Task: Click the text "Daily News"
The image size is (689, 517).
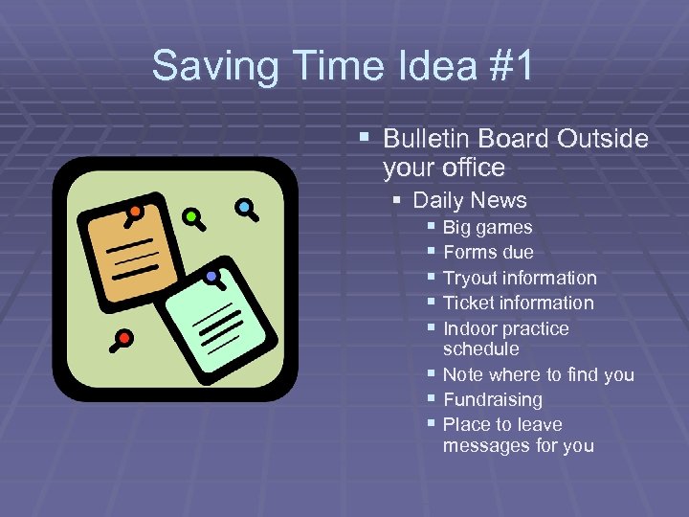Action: [470, 200]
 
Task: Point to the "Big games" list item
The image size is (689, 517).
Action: [488, 228]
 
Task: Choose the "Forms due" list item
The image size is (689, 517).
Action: [489, 253]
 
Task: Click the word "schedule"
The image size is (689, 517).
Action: [481, 348]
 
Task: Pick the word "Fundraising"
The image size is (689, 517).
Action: [493, 399]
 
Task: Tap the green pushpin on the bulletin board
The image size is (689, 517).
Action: [192, 216]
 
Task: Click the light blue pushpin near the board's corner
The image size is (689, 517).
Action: [245, 207]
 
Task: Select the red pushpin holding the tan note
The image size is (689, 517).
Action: [136, 212]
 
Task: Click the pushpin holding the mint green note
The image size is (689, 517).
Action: [211, 277]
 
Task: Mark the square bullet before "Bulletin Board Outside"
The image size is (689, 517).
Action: [365, 139]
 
